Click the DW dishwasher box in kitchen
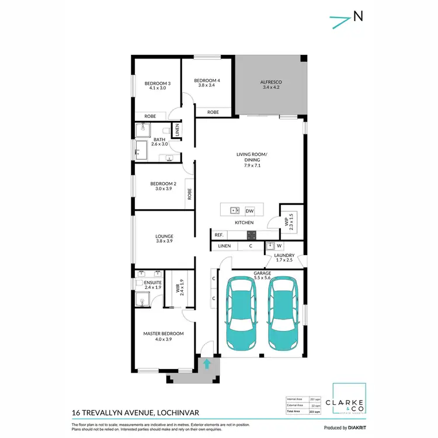click(x=249, y=210)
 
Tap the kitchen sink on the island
click(x=234, y=210)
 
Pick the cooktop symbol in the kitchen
click(x=251, y=235)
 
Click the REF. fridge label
click(x=220, y=235)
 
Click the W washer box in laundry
click(x=279, y=246)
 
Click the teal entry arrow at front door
click(x=206, y=364)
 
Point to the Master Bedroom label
click(x=164, y=336)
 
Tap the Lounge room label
click(x=164, y=239)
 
